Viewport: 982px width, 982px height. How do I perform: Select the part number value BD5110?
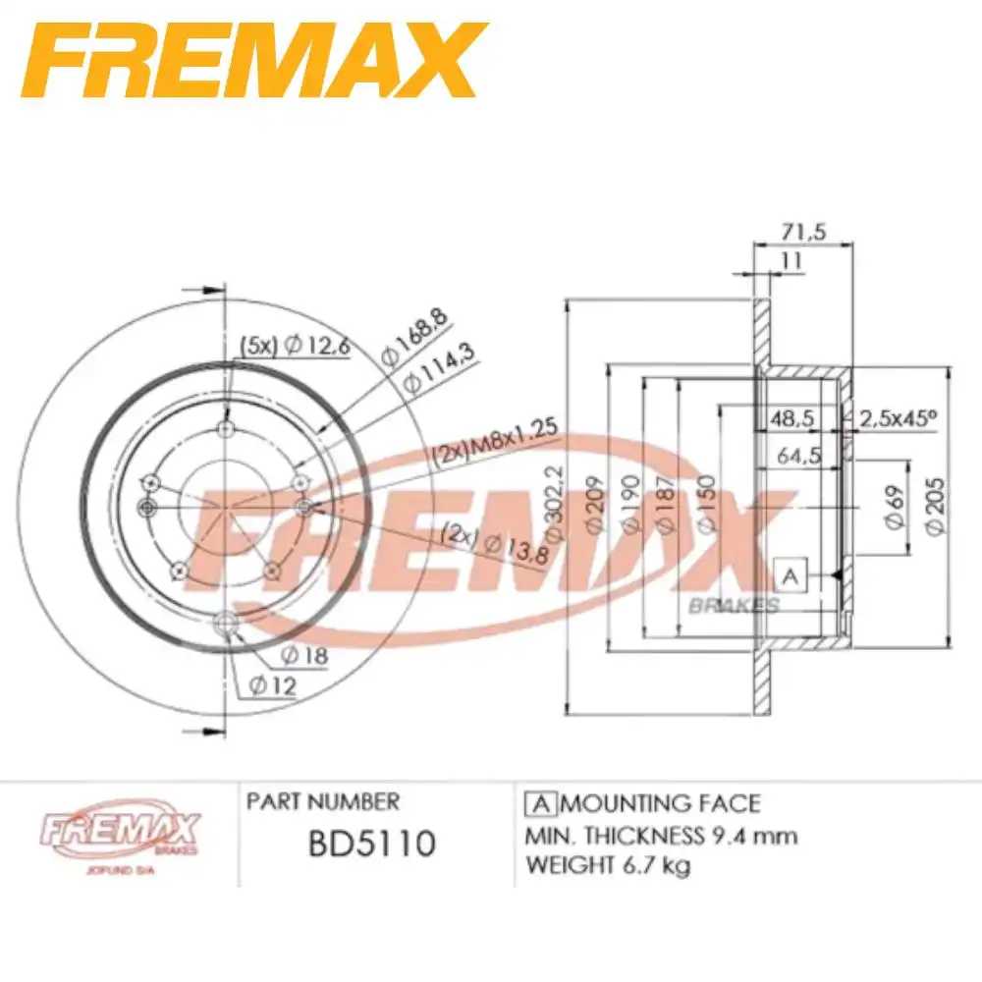coord(371,843)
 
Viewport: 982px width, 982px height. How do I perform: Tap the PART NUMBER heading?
coord(323,801)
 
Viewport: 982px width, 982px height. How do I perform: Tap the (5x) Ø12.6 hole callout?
coord(294,345)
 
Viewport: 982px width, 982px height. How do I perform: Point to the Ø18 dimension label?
coord(303,655)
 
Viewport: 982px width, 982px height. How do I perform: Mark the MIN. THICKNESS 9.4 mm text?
coord(662,836)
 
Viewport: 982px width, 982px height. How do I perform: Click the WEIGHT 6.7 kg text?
coord(609,865)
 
